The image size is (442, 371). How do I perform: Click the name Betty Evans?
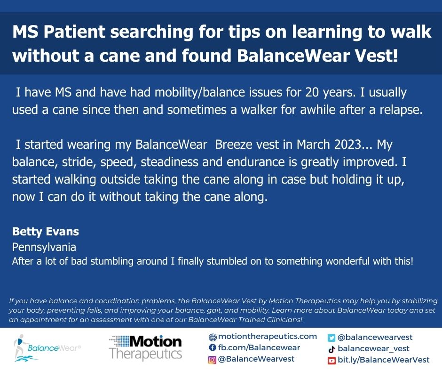(46, 232)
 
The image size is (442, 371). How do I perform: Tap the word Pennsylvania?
(44, 247)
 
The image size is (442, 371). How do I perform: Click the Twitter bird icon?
(331, 338)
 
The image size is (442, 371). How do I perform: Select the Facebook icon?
(213, 348)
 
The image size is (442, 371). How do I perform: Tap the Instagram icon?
(213, 359)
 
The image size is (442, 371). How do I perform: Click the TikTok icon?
(331, 349)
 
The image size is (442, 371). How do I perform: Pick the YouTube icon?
(331, 360)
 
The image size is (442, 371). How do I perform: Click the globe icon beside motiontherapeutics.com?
(213, 337)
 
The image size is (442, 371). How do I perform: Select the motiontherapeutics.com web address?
(268, 337)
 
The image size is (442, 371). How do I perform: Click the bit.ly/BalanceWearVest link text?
(384, 360)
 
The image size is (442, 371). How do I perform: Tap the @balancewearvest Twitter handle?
(375, 338)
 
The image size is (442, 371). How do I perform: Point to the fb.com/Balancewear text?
(259, 348)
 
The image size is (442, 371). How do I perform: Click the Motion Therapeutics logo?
(145, 347)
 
